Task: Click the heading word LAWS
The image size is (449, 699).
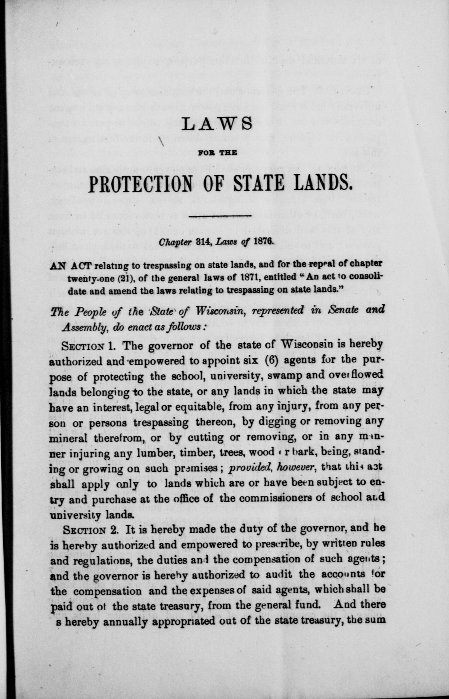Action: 217,124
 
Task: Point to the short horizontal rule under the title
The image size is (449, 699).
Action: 220,216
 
